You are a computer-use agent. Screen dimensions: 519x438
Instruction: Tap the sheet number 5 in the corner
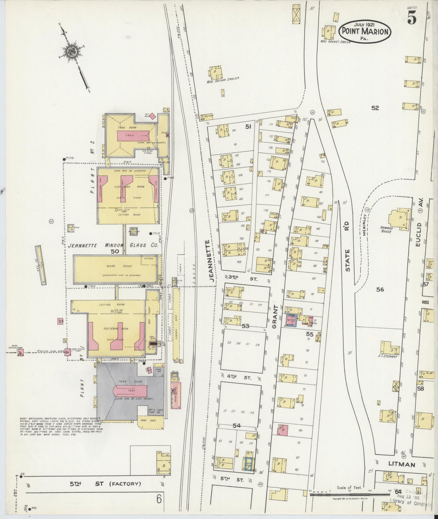pyautogui.click(x=412, y=18)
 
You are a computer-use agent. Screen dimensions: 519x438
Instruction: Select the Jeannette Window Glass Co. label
pyautogui.click(x=113, y=246)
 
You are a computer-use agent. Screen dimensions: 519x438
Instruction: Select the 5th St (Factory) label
pyautogui.click(x=105, y=484)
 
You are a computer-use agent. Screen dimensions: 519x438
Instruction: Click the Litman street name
pyautogui.click(x=401, y=464)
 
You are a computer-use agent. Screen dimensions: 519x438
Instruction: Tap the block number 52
pyautogui.click(x=375, y=107)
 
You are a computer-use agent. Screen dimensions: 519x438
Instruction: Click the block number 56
pyautogui.click(x=380, y=289)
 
